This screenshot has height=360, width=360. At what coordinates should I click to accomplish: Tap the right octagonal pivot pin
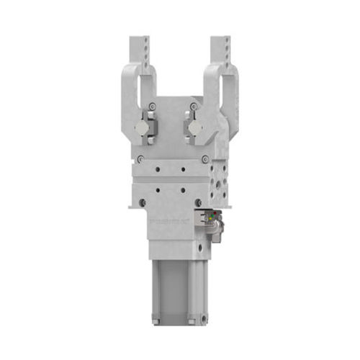[x=194, y=128]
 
